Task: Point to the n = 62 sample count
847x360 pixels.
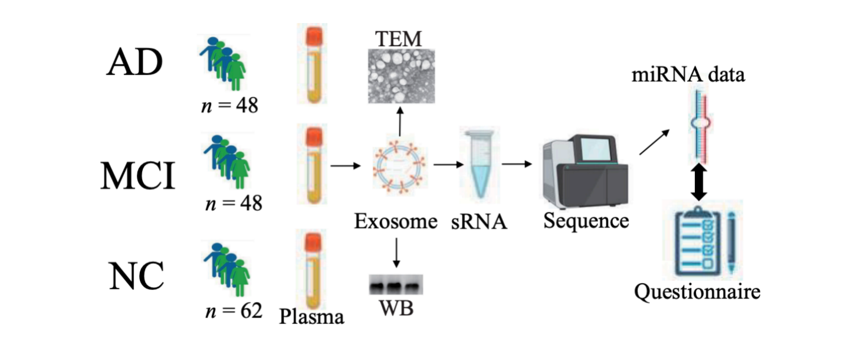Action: tap(233, 310)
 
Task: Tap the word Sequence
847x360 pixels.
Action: tap(586, 221)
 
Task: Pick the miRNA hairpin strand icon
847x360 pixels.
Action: tap(701, 121)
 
